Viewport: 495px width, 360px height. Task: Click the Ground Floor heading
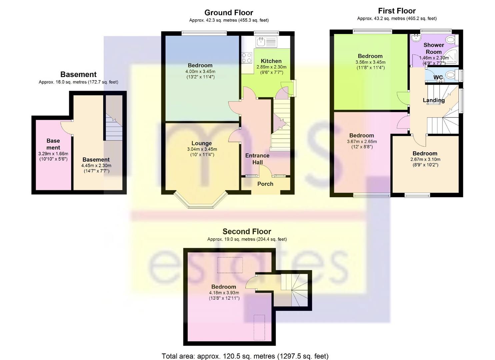[229, 13]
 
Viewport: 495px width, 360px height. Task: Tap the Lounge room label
[201, 143]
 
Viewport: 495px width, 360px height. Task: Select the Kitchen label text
[271, 61]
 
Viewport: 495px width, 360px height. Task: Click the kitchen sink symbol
[260, 42]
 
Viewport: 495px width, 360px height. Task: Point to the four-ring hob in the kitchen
[247, 58]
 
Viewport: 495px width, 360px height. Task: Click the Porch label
[265, 184]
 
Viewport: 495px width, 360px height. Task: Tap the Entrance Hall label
[257, 159]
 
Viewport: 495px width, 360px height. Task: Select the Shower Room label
[433, 48]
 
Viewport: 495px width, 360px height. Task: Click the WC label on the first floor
[438, 77]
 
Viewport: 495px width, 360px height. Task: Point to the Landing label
[433, 100]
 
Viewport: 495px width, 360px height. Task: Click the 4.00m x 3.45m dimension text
[200, 71]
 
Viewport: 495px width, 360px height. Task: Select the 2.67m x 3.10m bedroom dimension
[425, 159]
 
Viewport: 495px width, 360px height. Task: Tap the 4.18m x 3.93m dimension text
[224, 293]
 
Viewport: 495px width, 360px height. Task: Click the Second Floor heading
[247, 231]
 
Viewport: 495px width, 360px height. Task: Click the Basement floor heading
[78, 74]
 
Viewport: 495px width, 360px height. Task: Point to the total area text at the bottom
[245, 356]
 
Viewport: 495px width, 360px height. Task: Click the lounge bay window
[201, 202]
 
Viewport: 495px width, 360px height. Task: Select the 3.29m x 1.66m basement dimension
[53, 154]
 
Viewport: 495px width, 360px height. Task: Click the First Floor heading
[397, 11]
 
